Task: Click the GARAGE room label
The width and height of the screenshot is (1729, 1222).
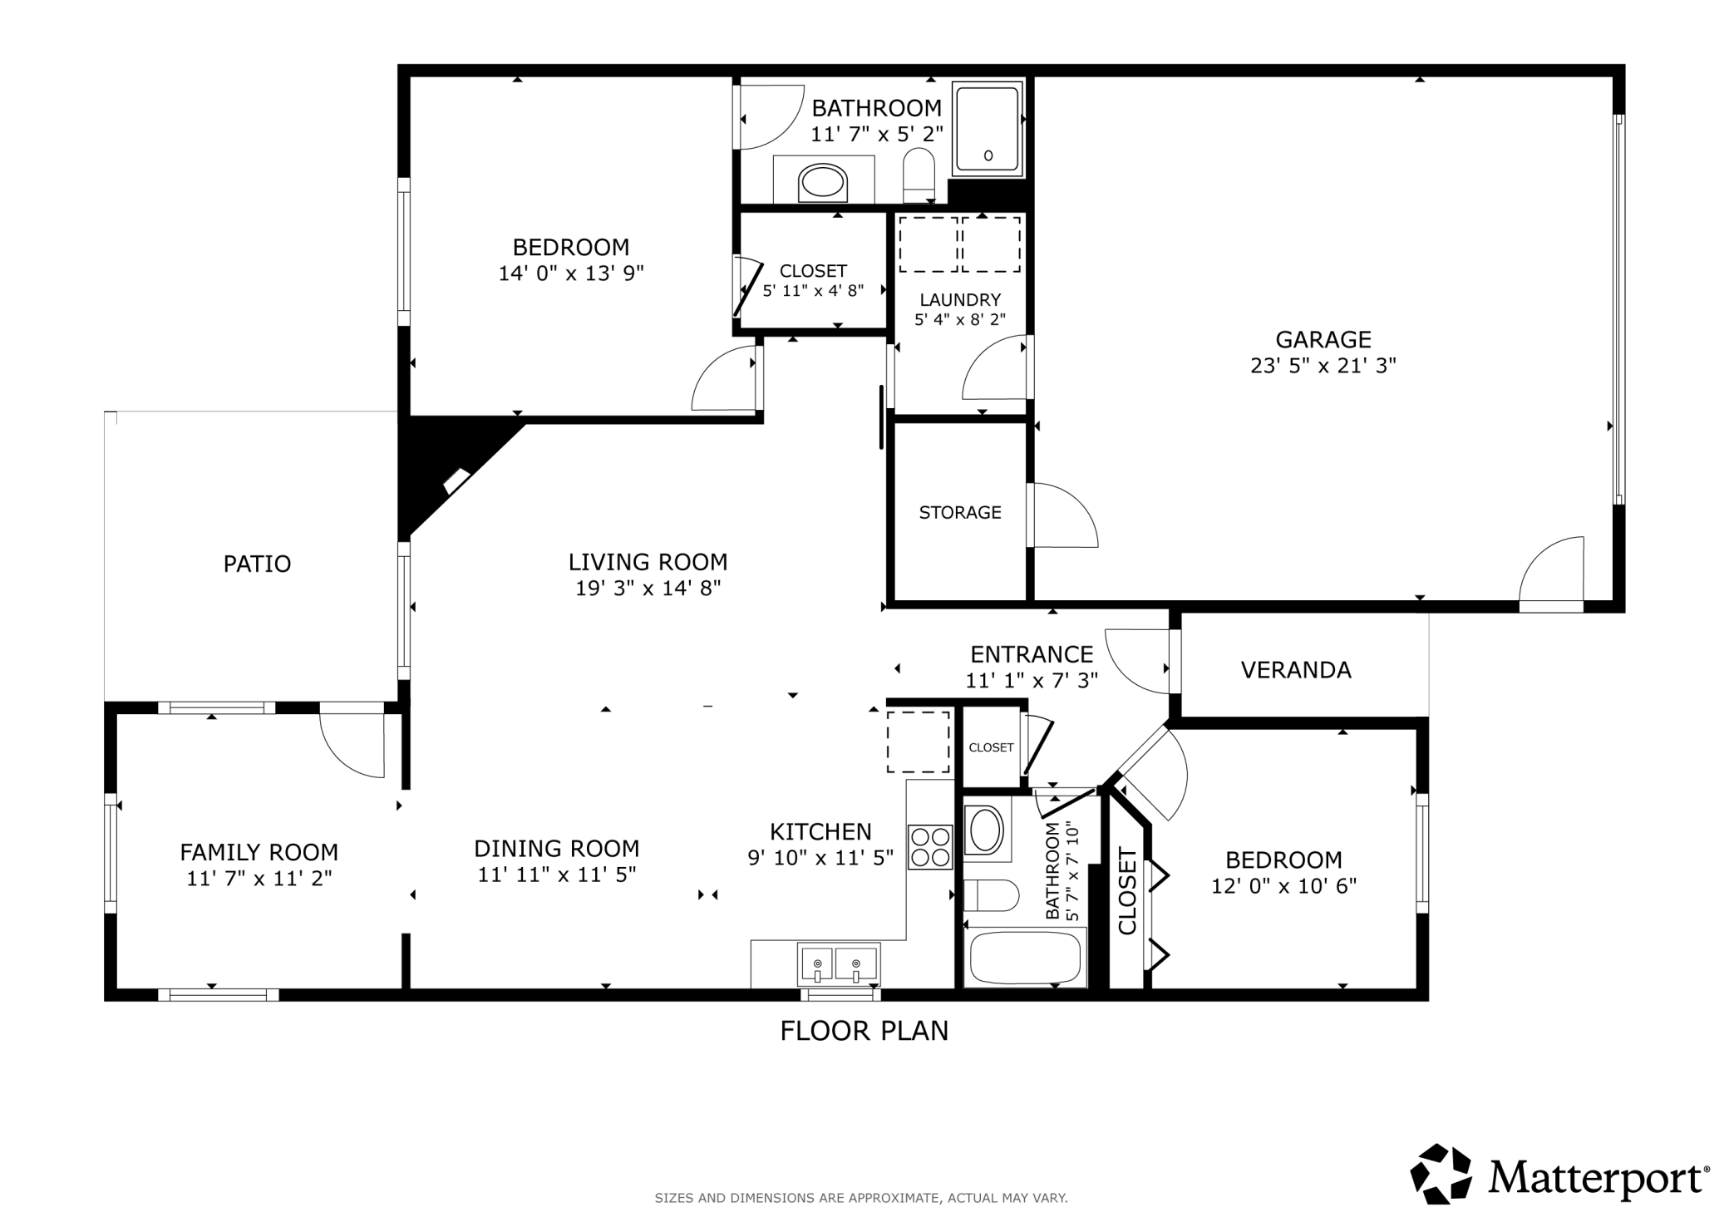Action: [1323, 339]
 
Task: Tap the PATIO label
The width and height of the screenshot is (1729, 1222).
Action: [257, 564]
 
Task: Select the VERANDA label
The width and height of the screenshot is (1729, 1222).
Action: [1296, 670]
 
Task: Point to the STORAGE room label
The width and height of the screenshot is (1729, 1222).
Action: [960, 513]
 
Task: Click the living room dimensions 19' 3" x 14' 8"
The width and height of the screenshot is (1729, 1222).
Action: [648, 589]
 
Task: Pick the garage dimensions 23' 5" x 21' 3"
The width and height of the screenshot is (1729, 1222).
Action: [1323, 366]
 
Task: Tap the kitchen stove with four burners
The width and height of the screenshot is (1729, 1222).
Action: [930, 846]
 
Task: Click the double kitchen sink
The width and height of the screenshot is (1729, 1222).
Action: [839, 963]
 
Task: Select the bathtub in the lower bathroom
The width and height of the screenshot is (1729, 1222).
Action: [1025, 958]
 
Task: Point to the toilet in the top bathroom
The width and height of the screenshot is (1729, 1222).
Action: [919, 175]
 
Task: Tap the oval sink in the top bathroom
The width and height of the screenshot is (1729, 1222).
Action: [822, 181]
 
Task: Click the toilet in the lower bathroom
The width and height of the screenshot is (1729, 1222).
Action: [992, 896]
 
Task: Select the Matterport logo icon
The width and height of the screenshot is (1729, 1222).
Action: [1441, 1174]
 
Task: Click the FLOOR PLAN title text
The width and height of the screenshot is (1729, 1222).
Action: [864, 1031]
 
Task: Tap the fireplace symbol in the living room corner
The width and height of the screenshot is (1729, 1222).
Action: [457, 481]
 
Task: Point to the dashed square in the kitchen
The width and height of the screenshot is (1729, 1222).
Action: [919, 742]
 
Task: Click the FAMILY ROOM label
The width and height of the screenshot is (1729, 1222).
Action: [259, 852]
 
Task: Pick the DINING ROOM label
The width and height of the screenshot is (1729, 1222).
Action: [557, 849]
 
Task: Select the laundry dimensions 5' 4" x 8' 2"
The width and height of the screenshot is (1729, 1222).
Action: [960, 319]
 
